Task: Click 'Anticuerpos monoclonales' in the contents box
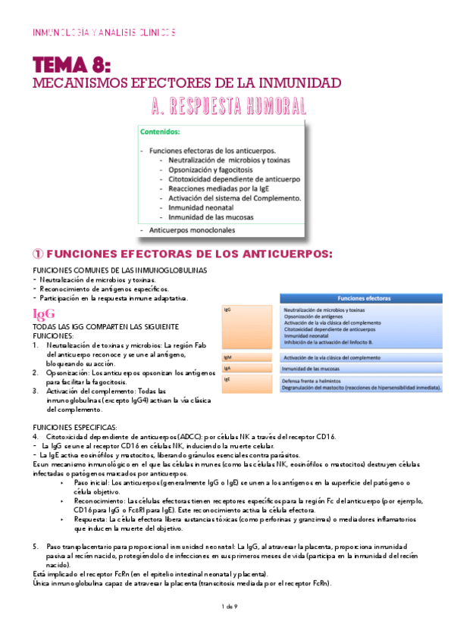pos(193,229)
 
